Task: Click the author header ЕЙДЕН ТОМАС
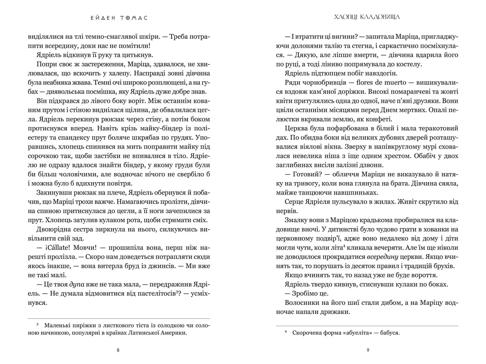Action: click(x=119, y=18)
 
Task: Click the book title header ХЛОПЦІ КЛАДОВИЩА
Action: click(x=367, y=17)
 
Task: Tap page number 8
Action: click(x=118, y=350)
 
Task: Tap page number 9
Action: click(x=368, y=350)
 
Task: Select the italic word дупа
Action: click(x=77, y=284)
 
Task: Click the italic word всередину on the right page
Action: click(x=382, y=257)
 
